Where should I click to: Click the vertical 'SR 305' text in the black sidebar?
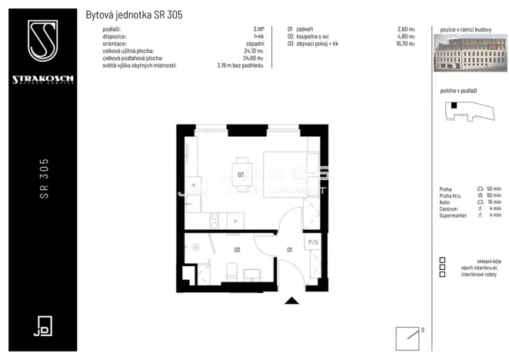tap(44, 179)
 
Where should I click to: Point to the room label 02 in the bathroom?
tap(238, 249)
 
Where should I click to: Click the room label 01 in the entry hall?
tap(290, 249)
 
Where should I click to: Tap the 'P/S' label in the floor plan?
tap(312, 242)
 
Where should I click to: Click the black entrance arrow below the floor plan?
tap(291, 301)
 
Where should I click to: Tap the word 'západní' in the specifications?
tap(254, 44)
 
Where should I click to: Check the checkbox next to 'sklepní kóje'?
tap(442, 260)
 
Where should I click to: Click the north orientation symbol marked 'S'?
tap(408, 337)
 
